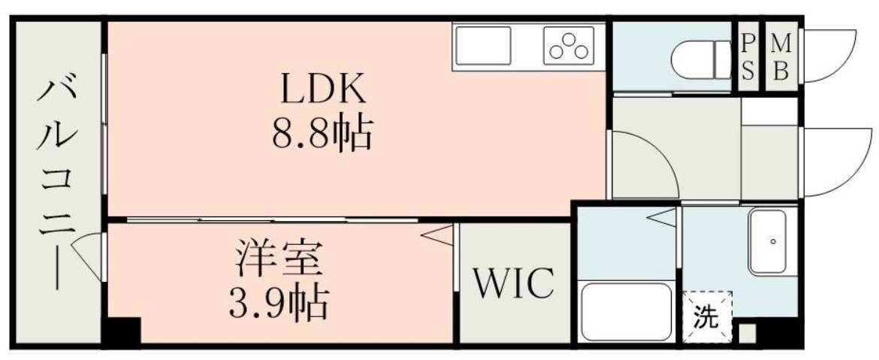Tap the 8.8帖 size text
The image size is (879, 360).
(x=322, y=134)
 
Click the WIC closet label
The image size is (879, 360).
(x=515, y=283)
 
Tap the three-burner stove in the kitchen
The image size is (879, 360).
(x=569, y=47)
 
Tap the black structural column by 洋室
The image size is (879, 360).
(x=122, y=331)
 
